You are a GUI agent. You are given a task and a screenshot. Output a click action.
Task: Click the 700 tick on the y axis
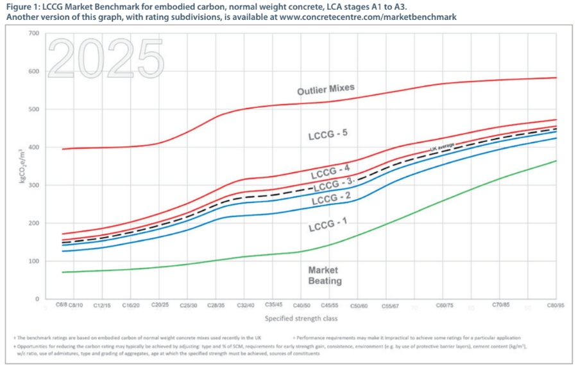coord(33,33)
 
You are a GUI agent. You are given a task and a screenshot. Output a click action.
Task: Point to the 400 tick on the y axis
coord(33,147)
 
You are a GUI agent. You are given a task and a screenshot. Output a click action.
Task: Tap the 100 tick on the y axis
coord(33,261)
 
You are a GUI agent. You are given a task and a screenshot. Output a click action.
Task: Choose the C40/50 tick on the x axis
coord(301,305)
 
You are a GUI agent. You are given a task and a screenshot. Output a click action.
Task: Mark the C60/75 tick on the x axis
coord(445,305)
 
